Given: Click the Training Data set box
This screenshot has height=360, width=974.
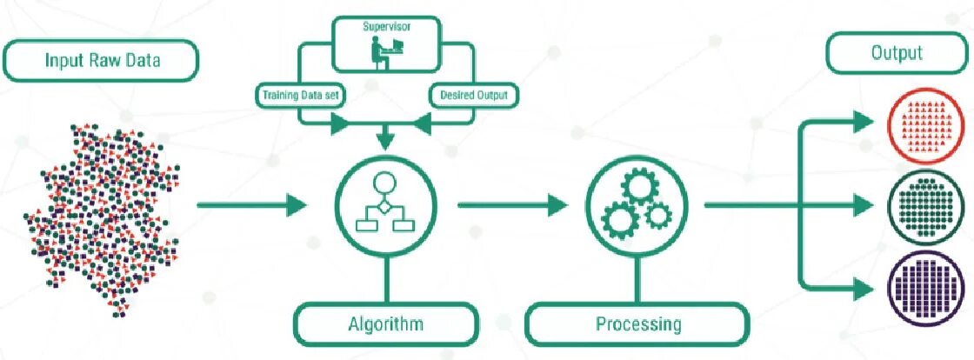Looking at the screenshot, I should [299, 94].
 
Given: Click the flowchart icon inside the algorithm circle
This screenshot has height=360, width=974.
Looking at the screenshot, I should [385, 205].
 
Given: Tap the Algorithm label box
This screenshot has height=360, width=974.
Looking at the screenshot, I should [385, 324].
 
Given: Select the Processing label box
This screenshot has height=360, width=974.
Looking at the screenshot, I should [637, 324].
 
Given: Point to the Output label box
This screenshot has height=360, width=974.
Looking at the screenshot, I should [897, 53].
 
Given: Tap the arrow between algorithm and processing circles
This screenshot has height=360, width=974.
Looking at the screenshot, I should [511, 206].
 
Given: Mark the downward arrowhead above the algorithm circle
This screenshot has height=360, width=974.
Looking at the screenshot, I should [385, 138].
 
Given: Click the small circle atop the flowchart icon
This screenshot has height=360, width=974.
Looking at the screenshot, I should [385, 183].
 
